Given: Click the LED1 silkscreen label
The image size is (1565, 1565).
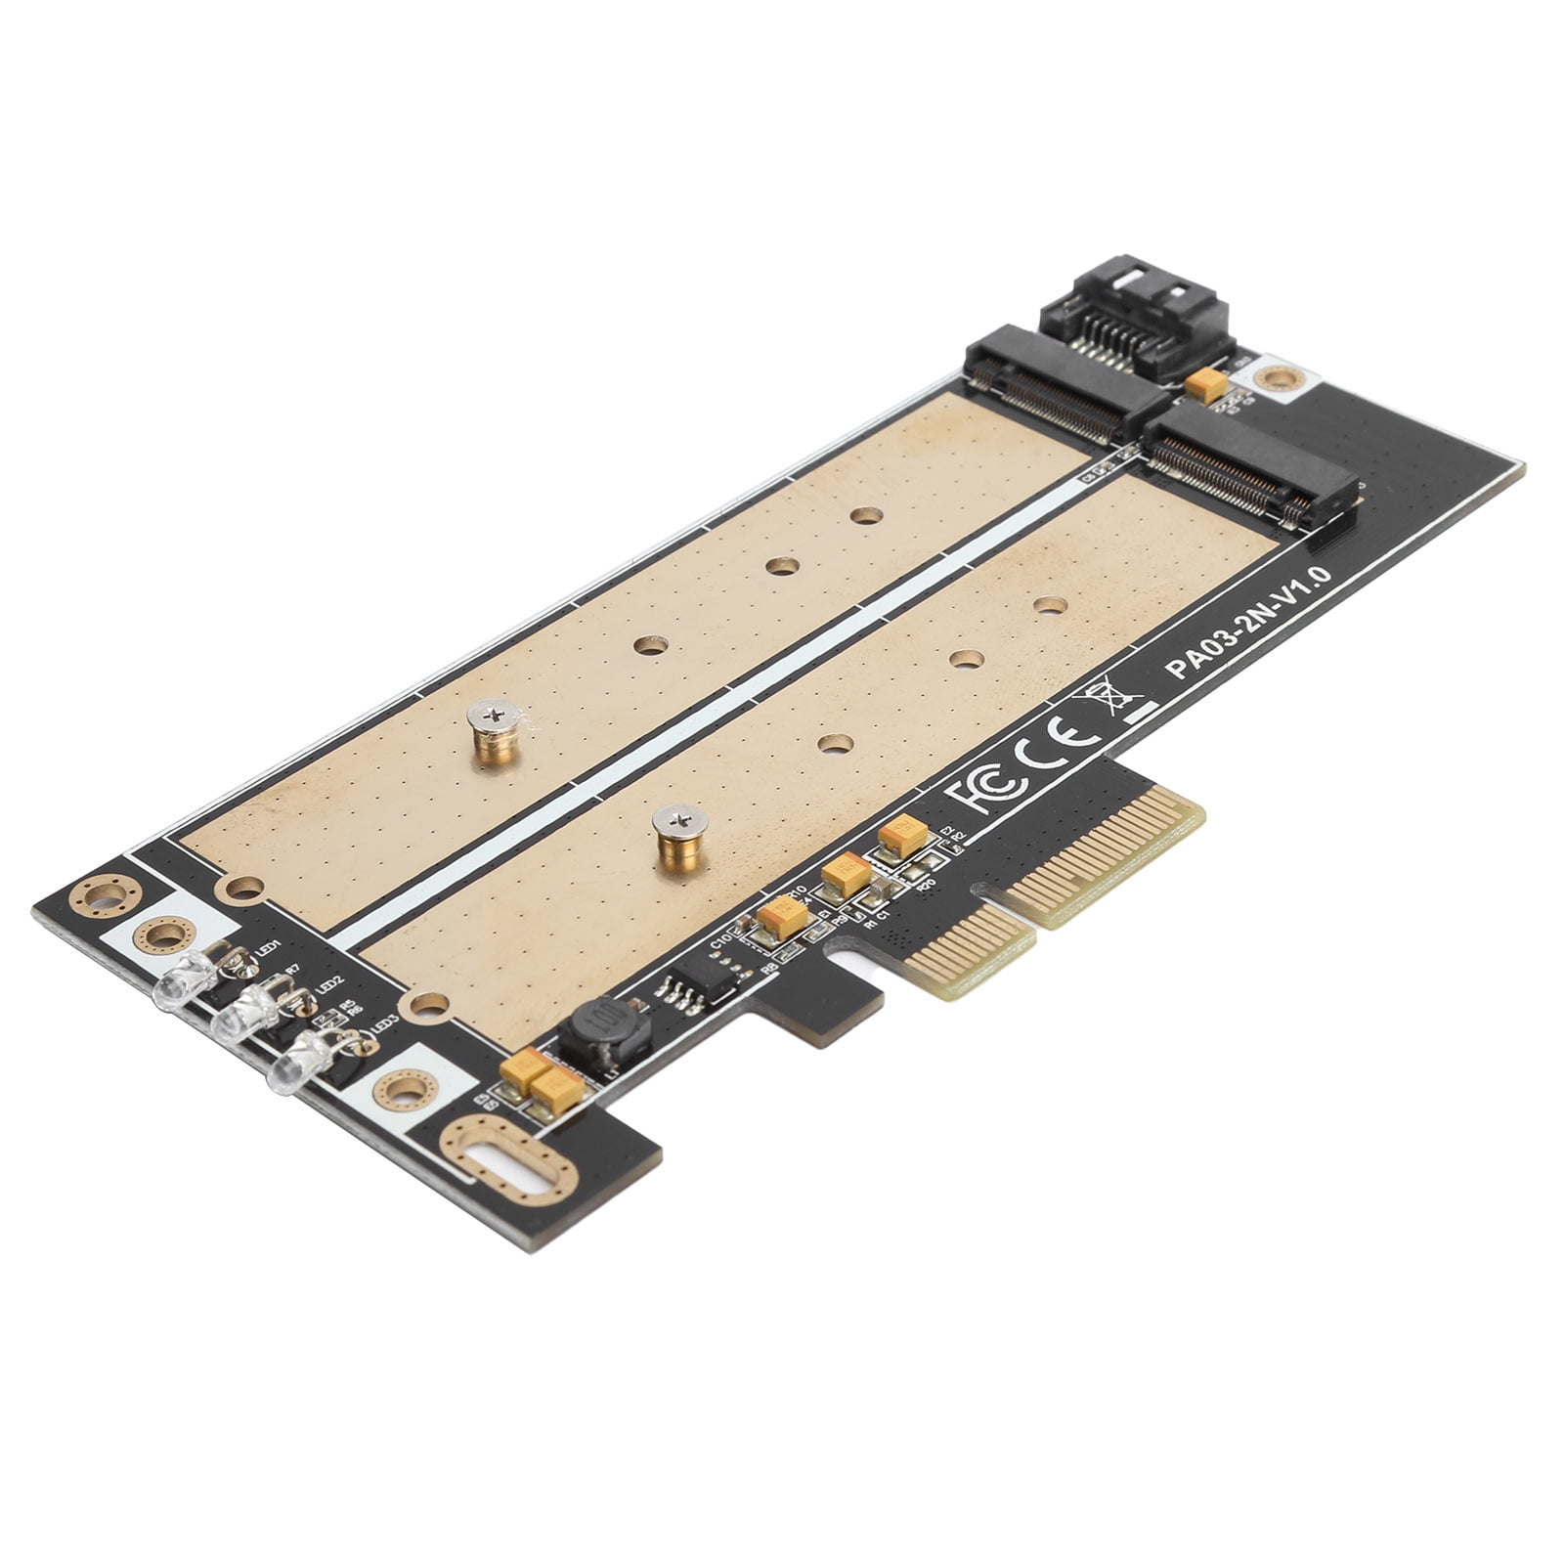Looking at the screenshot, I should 268,949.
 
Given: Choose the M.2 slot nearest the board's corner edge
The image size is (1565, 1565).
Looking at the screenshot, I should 1251,464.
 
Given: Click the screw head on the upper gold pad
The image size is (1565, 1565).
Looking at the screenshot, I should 493,718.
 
